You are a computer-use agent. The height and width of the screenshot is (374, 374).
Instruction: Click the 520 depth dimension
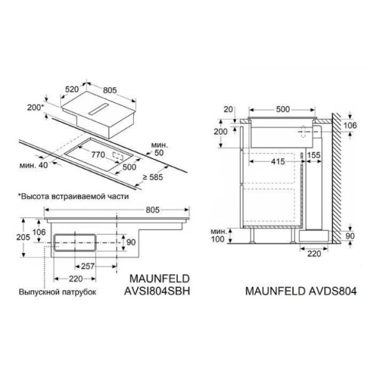72,89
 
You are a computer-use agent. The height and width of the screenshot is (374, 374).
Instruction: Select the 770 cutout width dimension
98,155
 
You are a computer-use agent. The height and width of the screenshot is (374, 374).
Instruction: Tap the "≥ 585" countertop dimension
153,177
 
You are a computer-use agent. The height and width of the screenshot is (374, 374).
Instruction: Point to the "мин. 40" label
34,165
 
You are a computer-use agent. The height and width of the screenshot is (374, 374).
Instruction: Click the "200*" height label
36,108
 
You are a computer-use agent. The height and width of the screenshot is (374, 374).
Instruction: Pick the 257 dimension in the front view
88,266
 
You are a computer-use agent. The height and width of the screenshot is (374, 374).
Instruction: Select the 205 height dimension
23,237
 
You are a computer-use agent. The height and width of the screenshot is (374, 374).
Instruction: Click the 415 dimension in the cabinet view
278,161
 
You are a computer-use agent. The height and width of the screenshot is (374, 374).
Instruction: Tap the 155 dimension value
314,155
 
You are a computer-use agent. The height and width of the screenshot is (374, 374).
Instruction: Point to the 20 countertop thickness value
228,109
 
